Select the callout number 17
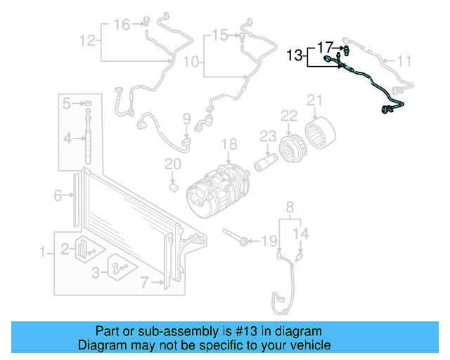pyautogui.click(x=325, y=47)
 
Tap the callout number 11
pyautogui.click(x=404, y=61)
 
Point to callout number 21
pyautogui.click(x=314, y=99)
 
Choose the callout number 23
pyautogui.click(x=268, y=135)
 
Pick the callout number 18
pyautogui.click(x=231, y=144)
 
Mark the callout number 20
pyautogui.click(x=173, y=165)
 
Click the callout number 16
pyautogui.click(x=122, y=25)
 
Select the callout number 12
pyautogui.click(x=86, y=40)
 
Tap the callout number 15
pyautogui.click(x=220, y=34)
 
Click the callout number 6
pyautogui.click(x=58, y=196)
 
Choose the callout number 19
pyautogui.click(x=269, y=242)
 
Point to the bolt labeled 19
pyautogui.click(x=236, y=237)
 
